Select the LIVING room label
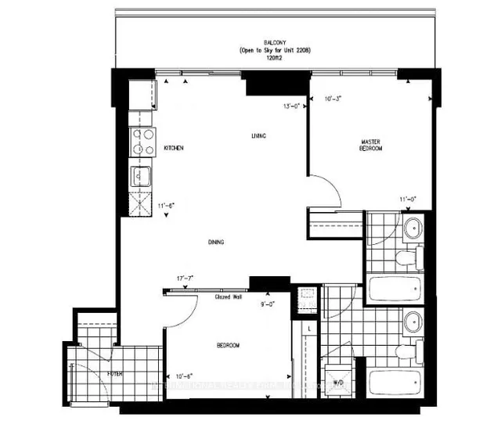pyautogui.click(x=259, y=136)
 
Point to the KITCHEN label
pyautogui.click(x=173, y=148)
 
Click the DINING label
pyautogui.click(x=217, y=243)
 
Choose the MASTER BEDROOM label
pyautogui.click(x=370, y=143)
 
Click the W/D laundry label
pyautogui.click(x=338, y=383)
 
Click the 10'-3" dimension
pyautogui.click(x=333, y=99)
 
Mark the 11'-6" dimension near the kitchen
pyautogui.click(x=165, y=206)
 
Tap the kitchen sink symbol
pyautogui.click(x=140, y=175)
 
